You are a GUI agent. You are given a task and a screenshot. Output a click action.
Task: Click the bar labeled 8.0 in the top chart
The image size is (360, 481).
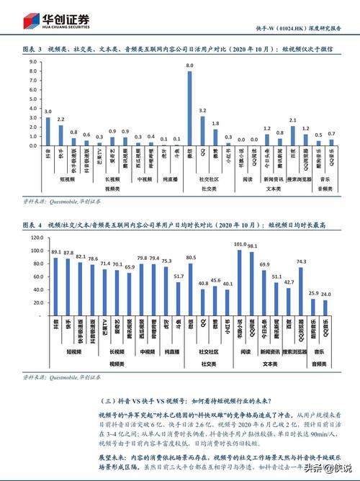coord(190,109)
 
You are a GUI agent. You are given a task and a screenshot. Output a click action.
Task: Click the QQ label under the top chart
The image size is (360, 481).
coord(203,152)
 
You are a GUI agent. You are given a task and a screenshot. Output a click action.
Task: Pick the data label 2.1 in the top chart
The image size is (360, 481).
coord(292,119)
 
